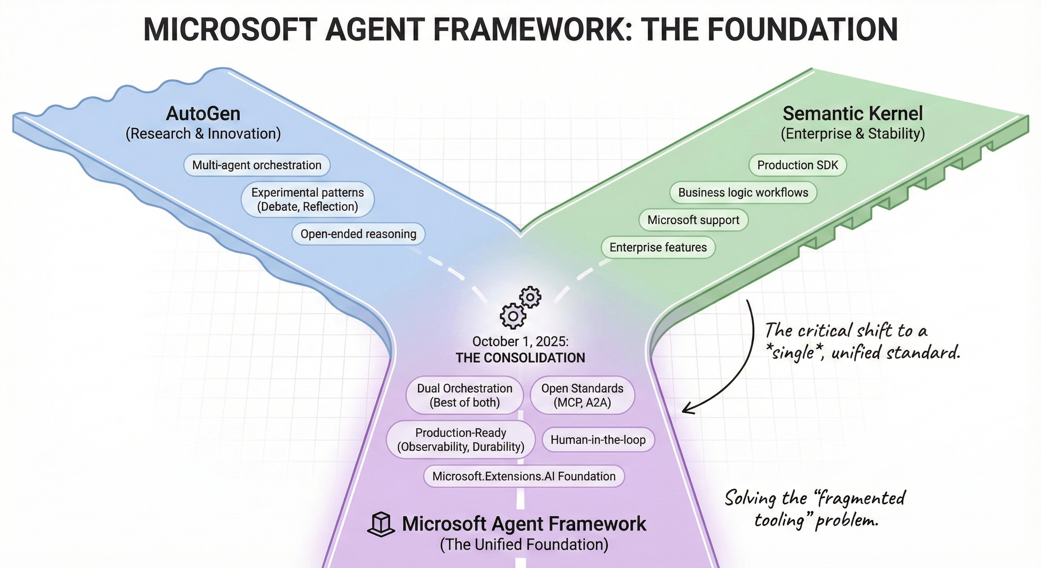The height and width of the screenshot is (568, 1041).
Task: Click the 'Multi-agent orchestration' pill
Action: pyautogui.click(x=257, y=165)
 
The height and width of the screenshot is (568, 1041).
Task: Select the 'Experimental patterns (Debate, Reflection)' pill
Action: pyautogui.click(x=308, y=199)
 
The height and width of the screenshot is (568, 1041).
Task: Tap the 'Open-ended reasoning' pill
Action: pyautogui.click(x=358, y=234)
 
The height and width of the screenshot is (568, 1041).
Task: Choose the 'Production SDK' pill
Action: pyautogui.click(x=797, y=165)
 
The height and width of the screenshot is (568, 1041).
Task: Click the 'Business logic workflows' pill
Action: pyautogui.click(x=743, y=192)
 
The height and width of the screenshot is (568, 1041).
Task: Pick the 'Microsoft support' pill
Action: pyautogui.click(x=693, y=220)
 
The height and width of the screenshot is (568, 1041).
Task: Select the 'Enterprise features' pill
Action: pyautogui.click(x=658, y=247)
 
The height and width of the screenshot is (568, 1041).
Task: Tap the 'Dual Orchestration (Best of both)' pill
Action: pyautogui.click(x=464, y=395)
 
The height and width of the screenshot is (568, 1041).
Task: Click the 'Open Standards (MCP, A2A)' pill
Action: pyautogui.click(x=582, y=395)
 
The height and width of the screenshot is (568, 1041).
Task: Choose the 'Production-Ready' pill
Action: pyautogui.click(x=461, y=439)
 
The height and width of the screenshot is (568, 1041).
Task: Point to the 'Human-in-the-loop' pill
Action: pyautogui.click(x=598, y=439)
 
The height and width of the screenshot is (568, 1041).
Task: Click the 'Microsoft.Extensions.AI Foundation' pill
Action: pyautogui.click(x=524, y=476)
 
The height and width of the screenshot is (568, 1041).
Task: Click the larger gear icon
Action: pyautogui.click(x=513, y=316)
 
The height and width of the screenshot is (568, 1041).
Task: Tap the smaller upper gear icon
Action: pyautogui.click(x=530, y=298)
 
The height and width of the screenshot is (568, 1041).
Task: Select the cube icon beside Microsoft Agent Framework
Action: pyautogui.click(x=381, y=524)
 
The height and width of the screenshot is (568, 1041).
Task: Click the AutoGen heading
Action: pyautogui.click(x=203, y=114)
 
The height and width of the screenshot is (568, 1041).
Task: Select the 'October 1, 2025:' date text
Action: pyautogui.click(x=520, y=342)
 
